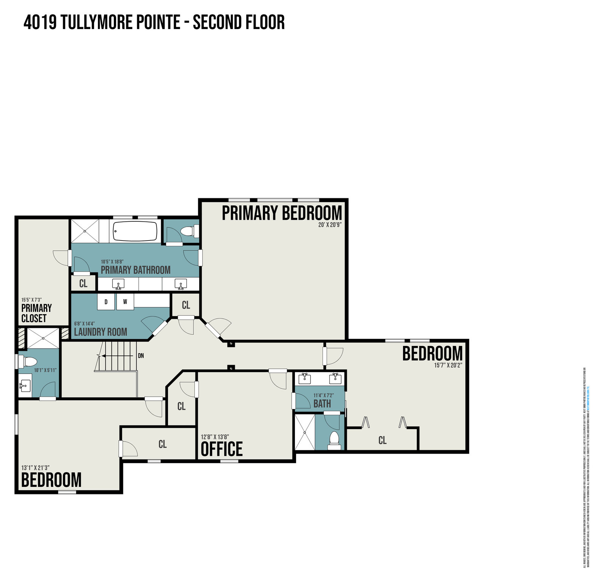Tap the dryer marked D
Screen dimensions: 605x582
[106, 302]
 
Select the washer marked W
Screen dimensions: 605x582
[125, 302]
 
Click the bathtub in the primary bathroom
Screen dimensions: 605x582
[135, 231]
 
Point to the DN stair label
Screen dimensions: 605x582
[141, 355]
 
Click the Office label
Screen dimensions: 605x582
[222, 449]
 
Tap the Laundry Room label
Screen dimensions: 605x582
[101, 332]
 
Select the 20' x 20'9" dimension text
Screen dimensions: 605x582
[330, 225]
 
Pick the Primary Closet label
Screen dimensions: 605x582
[36, 313]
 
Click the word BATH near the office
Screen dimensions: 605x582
[322, 404]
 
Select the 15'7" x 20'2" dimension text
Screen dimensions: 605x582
[448, 365]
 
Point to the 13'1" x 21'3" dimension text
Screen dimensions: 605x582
[35, 468]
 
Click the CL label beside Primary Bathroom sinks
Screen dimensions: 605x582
[83, 283]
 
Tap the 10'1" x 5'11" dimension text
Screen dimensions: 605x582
[45, 370]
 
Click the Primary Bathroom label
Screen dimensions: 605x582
[135, 270]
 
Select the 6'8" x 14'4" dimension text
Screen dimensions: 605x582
[84, 324]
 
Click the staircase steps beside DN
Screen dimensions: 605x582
[117, 355]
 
